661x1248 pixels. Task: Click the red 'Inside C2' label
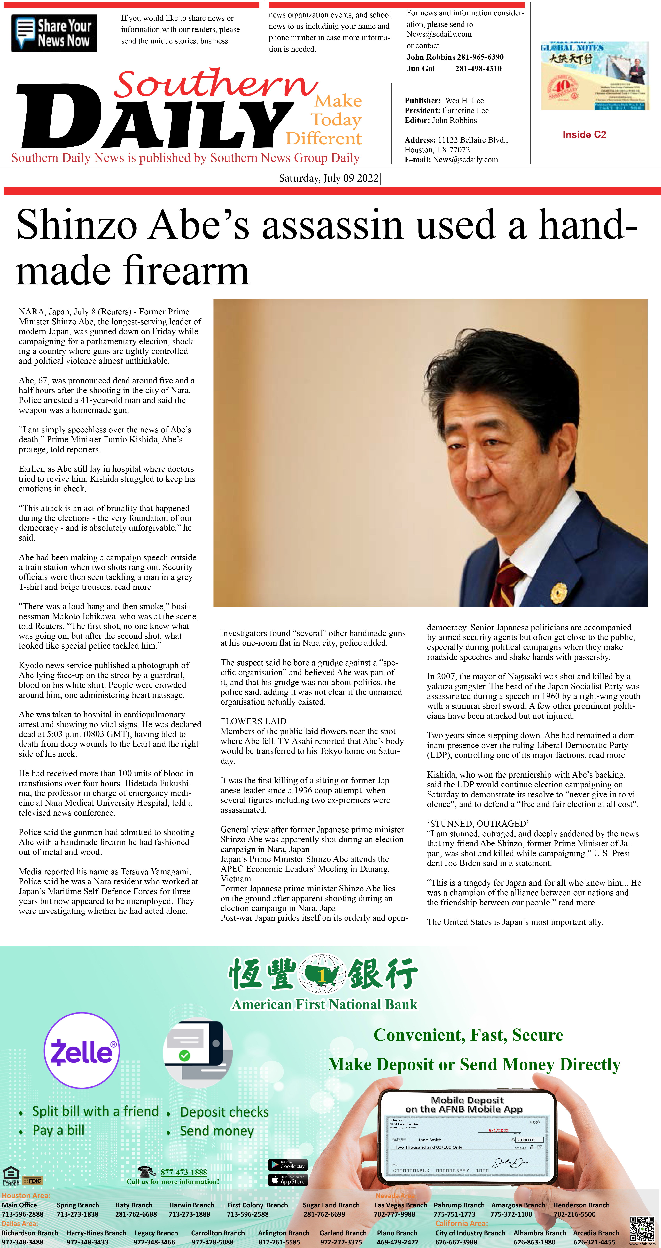point(584,135)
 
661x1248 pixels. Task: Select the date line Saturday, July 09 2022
point(329,178)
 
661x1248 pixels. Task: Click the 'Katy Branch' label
point(134,1205)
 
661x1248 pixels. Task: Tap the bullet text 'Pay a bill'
point(58,1130)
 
